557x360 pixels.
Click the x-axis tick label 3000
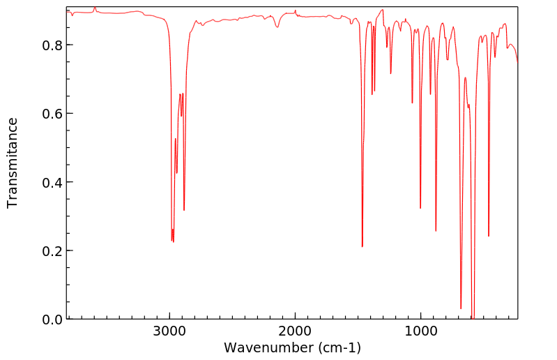tap(169, 333)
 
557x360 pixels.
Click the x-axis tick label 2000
tap(295, 333)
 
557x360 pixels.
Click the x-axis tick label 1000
tap(420, 333)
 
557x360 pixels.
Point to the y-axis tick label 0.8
tap(53, 45)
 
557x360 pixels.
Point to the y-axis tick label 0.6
tap(53, 114)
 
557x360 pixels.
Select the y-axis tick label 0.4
tap(53, 182)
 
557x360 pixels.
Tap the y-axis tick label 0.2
tap(53, 250)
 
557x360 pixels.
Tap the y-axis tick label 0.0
tap(53, 319)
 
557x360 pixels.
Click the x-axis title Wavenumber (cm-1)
tap(292, 347)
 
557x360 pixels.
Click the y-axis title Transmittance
tap(13, 163)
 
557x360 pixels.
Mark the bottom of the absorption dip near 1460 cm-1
tap(363, 246)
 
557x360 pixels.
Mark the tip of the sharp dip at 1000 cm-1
tap(420, 208)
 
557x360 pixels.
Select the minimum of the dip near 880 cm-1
tap(436, 231)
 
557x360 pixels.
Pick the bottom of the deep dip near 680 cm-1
tap(461, 308)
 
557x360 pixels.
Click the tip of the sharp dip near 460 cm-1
tap(489, 236)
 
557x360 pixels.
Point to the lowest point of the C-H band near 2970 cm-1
tap(173, 241)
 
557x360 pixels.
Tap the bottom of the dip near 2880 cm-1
tap(184, 210)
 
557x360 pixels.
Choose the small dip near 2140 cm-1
tap(277, 27)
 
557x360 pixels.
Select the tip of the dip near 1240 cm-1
tap(390, 73)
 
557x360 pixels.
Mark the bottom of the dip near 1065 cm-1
tap(412, 103)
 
